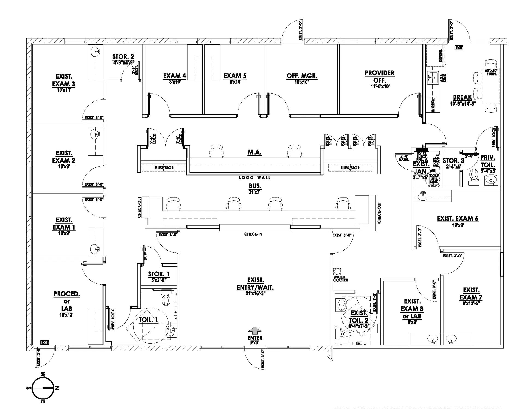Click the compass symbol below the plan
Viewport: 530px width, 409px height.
[43, 387]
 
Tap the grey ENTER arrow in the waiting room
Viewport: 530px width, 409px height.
[255, 330]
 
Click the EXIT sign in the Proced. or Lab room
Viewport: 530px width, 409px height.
[45, 342]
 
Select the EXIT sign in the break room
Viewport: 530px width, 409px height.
[459, 48]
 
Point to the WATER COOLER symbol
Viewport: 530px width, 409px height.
[337, 272]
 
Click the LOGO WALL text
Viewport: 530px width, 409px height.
[255, 178]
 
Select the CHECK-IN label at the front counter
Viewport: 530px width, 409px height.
[253, 234]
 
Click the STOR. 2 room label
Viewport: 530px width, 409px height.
[123, 57]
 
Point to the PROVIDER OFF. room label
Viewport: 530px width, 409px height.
[380, 77]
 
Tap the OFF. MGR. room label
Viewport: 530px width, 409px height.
[302, 76]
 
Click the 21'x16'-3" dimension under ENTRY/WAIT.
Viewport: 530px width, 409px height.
[255, 293]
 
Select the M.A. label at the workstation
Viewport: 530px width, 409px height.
[254, 152]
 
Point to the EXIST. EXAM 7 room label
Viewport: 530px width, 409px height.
[471, 294]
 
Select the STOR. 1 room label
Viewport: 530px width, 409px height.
[159, 274]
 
